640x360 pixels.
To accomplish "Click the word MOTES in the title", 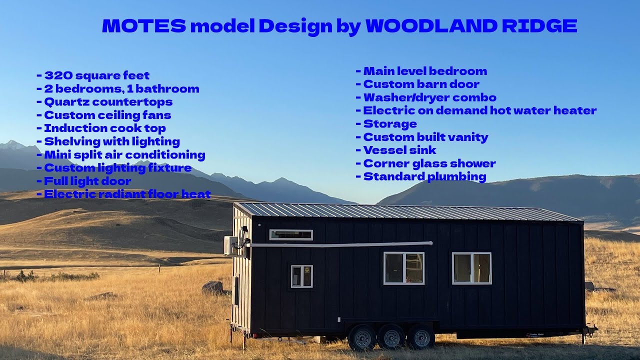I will (x=144, y=26).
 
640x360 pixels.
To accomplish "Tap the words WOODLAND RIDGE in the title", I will (x=471, y=26).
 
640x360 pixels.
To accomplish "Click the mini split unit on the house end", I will (x=230, y=245).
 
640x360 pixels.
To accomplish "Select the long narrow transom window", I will (x=291, y=235).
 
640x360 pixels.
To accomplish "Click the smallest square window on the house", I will (x=301, y=276).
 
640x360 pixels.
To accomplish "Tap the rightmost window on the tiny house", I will (x=471, y=268).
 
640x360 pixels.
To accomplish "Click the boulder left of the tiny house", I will (x=212, y=287).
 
